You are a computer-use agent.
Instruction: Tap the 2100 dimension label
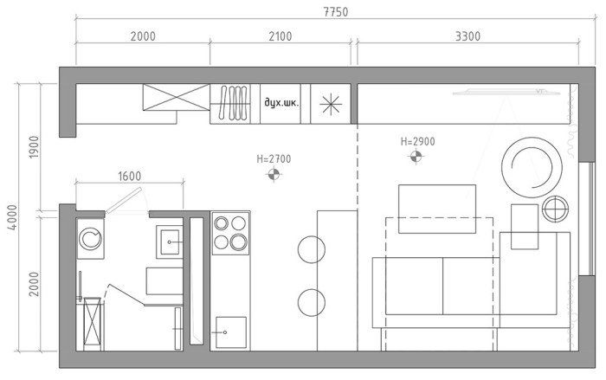280,36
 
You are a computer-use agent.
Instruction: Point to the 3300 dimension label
465,36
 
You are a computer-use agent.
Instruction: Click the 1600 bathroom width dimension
128,176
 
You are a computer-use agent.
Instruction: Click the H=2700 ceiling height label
274,159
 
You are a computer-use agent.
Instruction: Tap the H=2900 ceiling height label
417,141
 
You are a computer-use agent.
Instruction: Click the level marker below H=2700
274,175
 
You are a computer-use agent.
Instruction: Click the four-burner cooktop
230,232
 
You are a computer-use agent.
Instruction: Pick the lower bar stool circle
310,302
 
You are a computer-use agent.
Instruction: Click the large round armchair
530,166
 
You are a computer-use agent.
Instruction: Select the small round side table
554,208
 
